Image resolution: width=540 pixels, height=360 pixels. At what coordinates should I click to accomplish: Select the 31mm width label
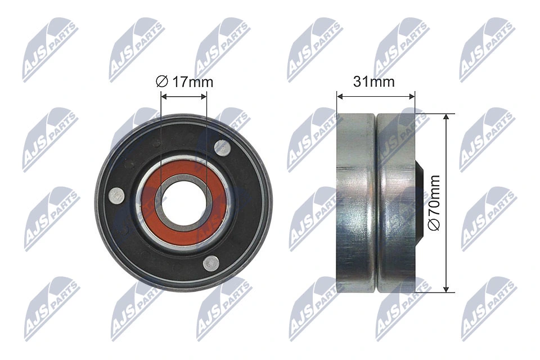point(374,82)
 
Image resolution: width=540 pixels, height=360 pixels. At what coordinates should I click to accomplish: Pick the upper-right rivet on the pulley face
point(223,147)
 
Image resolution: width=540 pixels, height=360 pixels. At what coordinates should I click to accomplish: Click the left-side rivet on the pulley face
point(117,195)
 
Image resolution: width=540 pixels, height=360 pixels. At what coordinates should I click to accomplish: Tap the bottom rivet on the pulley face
point(211,262)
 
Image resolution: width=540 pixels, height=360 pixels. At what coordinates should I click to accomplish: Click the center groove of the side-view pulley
point(375,202)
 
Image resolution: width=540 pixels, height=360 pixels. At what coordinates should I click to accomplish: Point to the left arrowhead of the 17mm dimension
point(164,97)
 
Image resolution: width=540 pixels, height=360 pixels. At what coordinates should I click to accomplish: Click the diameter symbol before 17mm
point(161,82)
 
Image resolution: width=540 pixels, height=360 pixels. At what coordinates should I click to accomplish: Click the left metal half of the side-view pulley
point(354,202)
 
